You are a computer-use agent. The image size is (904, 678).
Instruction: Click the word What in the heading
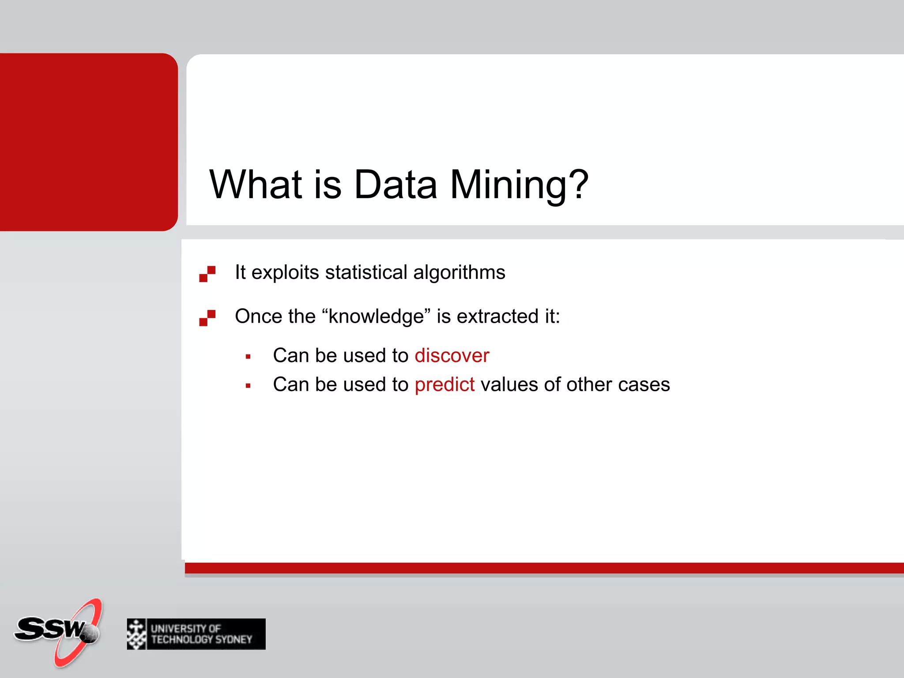pyautogui.click(x=256, y=185)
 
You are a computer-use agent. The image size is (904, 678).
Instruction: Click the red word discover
pyautogui.click(x=452, y=356)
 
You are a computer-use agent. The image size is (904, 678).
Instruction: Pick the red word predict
pyautogui.click(x=444, y=385)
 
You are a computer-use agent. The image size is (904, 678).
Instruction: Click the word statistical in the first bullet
pyautogui.click(x=366, y=272)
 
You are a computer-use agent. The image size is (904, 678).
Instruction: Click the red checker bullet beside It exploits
pyautogui.click(x=207, y=274)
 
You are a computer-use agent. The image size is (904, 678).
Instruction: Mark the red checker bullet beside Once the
pyautogui.click(x=207, y=318)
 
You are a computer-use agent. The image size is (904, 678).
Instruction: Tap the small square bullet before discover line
pyautogui.click(x=248, y=357)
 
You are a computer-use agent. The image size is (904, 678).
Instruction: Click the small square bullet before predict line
pyautogui.click(x=248, y=386)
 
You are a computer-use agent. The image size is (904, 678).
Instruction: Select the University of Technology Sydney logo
pyautogui.click(x=196, y=634)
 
